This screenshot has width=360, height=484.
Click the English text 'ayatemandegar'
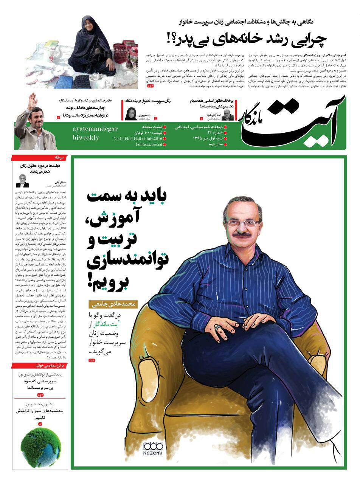(95, 129)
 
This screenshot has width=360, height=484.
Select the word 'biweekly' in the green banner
(85, 138)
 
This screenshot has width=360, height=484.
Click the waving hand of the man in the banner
(32, 101)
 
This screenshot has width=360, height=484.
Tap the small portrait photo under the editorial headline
(23, 180)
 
